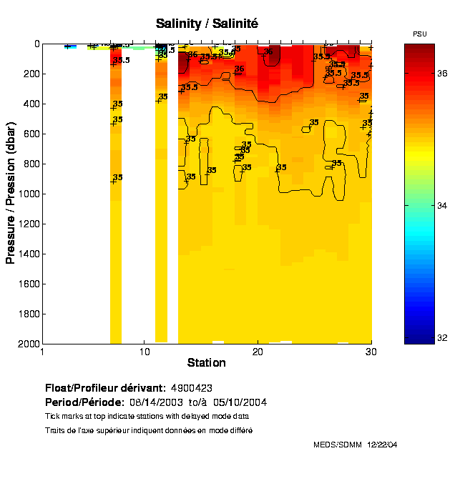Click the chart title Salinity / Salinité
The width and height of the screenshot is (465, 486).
tap(207, 24)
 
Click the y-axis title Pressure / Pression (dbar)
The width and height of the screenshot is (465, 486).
tap(11, 193)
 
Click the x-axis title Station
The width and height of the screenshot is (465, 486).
tap(207, 363)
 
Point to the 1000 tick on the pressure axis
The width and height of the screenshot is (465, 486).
tap(27, 194)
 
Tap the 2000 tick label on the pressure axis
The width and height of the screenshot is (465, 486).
tap(27, 344)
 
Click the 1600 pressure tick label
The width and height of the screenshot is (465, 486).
tap(27, 284)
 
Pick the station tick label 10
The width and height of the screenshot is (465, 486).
tap(144, 352)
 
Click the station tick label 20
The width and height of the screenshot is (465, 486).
tap(258, 352)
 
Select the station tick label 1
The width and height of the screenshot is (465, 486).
tap(43, 352)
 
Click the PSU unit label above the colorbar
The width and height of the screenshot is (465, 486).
tap(420, 34)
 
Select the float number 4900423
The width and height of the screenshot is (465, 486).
tap(192, 388)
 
